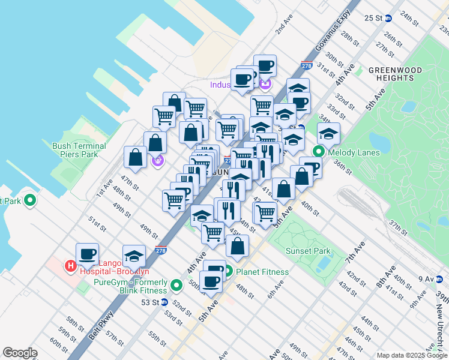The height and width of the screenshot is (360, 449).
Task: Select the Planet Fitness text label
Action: [262, 272]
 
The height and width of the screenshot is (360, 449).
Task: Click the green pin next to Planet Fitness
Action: [228, 271]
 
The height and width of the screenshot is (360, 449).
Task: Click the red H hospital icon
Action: [70, 265]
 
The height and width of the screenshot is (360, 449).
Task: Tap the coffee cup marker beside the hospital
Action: [88, 253]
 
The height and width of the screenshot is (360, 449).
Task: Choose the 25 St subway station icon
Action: [388, 18]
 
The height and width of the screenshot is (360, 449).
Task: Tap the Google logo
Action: [20, 353]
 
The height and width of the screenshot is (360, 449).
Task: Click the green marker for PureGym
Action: [176, 284]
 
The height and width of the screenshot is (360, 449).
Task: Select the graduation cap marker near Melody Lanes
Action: [328, 134]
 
